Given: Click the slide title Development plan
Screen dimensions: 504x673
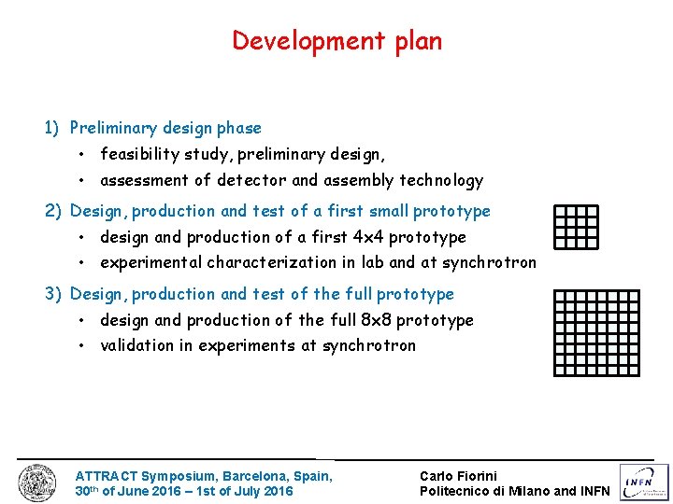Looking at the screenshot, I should (336, 41).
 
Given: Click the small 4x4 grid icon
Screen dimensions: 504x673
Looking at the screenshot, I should (576, 227).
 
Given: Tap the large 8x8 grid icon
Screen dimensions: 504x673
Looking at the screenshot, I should (596, 332).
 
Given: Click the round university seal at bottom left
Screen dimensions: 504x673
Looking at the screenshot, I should (37, 483).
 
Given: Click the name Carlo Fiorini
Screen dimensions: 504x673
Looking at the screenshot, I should (458, 476).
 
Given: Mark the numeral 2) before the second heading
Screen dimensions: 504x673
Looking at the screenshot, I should (54, 211).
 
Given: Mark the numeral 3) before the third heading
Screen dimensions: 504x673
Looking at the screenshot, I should (54, 294).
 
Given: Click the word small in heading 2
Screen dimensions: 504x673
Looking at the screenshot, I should (388, 211).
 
